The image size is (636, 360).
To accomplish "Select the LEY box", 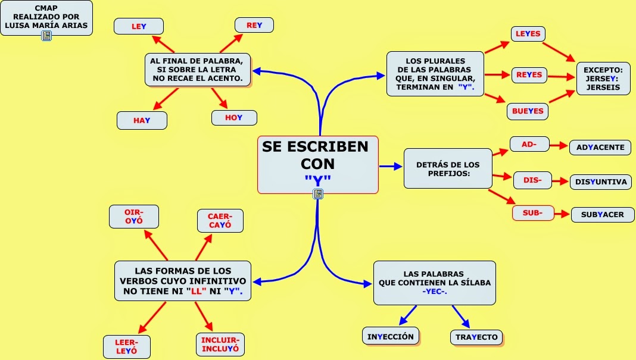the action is (139, 26).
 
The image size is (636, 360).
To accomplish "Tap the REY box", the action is (254, 25).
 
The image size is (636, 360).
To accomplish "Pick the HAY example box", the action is (142, 120).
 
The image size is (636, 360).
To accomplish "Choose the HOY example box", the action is (234, 118).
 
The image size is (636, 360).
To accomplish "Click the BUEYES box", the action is (528, 111).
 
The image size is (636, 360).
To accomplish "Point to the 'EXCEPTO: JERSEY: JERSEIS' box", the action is (603, 79).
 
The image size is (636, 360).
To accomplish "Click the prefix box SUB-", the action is (533, 213).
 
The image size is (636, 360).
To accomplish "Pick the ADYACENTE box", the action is (600, 147).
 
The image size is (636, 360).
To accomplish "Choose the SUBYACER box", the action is (603, 215).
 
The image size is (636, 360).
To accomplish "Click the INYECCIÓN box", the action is (391, 336).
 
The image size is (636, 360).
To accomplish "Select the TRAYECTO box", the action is (476, 337).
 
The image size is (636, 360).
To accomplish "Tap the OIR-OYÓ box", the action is (134, 217).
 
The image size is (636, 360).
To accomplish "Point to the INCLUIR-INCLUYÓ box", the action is (220, 344).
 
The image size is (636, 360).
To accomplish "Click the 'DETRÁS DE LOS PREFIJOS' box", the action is (448, 168).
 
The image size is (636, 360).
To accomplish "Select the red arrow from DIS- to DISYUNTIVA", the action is (561, 181).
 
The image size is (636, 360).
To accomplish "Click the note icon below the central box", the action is (318, 193).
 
